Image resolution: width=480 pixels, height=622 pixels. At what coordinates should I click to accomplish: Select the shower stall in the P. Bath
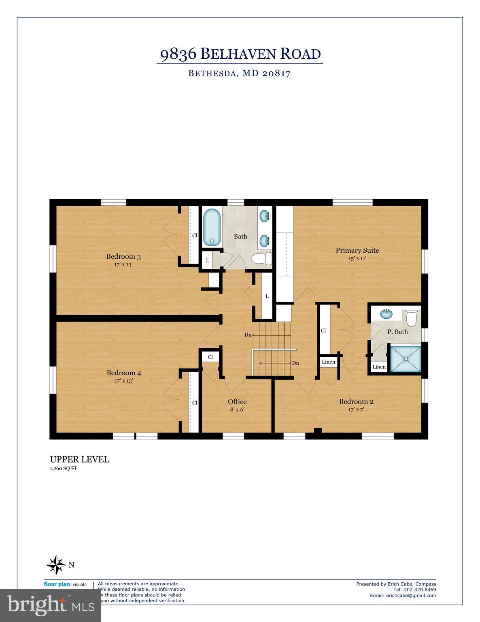tap(405, 358)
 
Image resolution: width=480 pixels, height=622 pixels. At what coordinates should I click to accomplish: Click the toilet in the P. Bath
tap(411, 318)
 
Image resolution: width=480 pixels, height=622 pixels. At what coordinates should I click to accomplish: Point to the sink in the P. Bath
tap(386, 313)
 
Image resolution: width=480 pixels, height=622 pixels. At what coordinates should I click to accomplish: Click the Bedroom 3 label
tap(123, 256)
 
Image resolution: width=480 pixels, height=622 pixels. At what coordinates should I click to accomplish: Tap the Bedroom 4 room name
tap(123, 373)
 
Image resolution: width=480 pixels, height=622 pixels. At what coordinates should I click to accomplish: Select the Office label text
tap(237, 402)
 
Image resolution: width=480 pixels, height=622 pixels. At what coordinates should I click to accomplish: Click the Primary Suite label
tap(357, 250)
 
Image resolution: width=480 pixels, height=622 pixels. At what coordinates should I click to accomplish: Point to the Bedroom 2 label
tap(356, 402)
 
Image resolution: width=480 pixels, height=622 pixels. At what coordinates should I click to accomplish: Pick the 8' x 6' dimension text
tap(237, 409)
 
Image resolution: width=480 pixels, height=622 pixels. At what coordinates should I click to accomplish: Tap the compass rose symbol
tap(56, 564)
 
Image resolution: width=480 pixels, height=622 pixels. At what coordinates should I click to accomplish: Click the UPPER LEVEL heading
tap(79, 459)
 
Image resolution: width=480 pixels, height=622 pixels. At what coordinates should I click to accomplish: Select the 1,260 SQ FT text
tap(63, 469)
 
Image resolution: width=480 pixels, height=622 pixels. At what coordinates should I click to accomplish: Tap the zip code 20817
tap(276, 74)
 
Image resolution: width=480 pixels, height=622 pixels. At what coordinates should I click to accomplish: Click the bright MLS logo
tap(51, 605)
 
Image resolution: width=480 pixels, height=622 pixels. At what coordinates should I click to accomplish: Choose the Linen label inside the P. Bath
tap(379, 367)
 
